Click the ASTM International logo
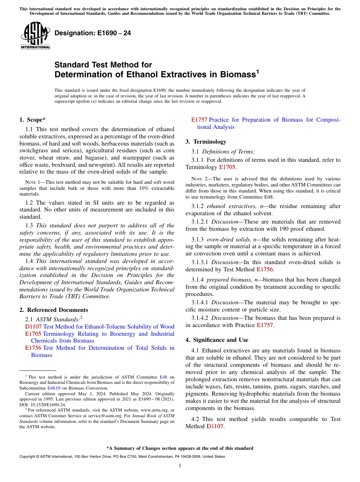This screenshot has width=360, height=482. point(35,36)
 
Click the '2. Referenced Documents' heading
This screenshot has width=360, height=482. point(53,310)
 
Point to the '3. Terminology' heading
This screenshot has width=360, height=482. point(206,142)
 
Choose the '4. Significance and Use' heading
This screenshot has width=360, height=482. point(217,340)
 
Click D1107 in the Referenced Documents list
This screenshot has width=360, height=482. point(33,327)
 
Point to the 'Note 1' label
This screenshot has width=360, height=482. point(31,182)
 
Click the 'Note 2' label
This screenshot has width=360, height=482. point(197,179)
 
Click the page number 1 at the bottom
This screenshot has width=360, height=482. point(180,466)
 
